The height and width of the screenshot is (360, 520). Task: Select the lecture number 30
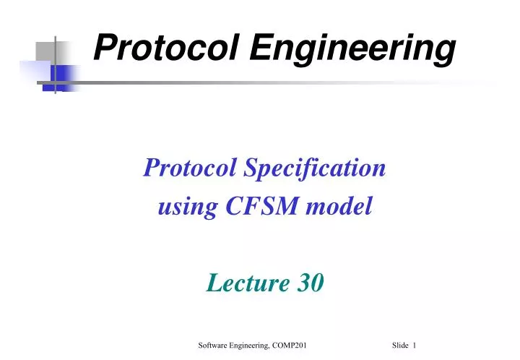click(311, 283)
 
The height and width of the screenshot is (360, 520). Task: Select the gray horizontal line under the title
click(289, 82)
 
